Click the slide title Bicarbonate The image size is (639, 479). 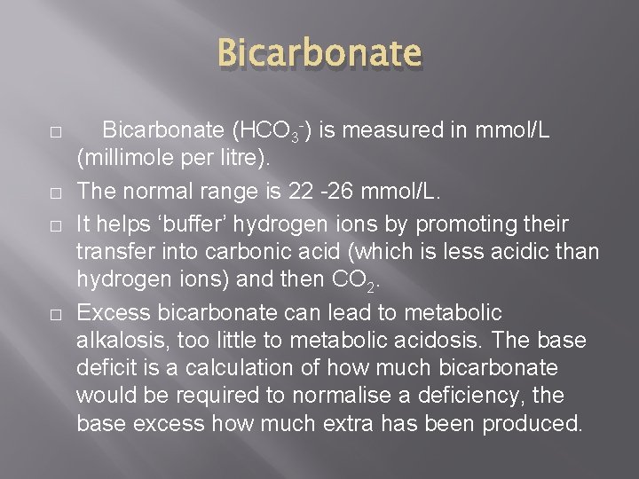click(x=319, y=54)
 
